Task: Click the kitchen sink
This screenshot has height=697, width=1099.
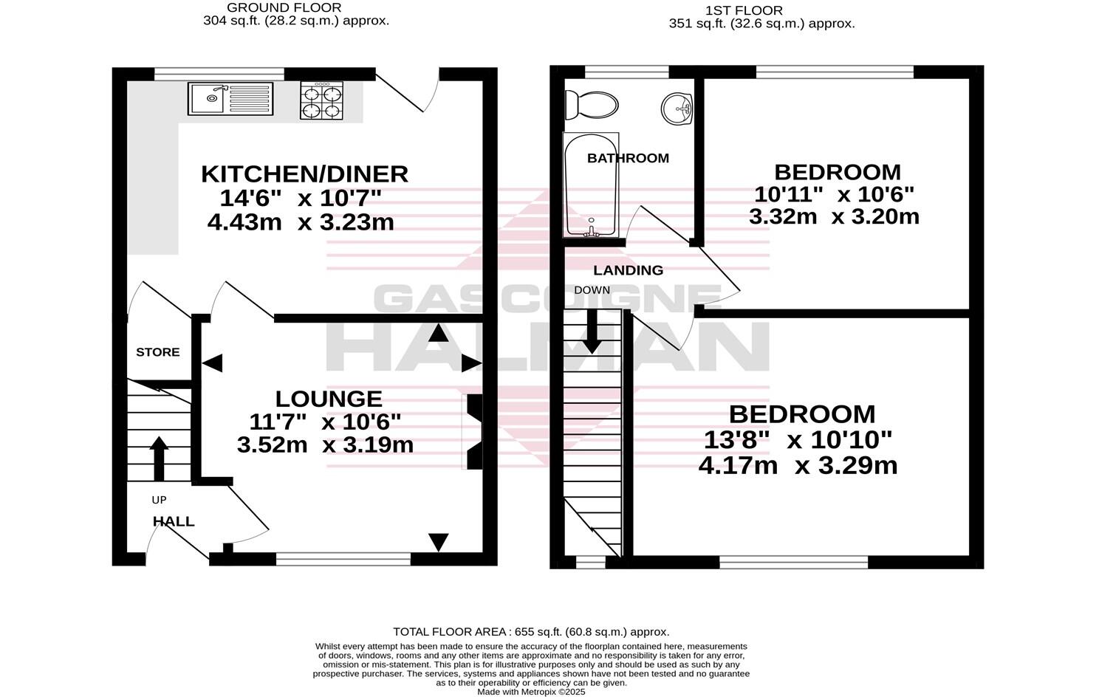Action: click(230, 99)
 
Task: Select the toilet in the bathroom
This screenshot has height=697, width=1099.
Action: click(590, 105)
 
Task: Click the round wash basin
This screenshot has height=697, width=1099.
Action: click(677, 109)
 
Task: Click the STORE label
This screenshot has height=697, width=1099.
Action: click(158, 352)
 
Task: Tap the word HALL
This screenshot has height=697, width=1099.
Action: click(174, 522)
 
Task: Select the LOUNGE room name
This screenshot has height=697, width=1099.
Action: click(329, 399)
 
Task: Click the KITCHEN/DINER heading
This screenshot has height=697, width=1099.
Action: click(304, 174)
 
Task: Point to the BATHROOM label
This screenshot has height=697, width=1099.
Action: click(628, 158)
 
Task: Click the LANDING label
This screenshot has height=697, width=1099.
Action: click(628, 270)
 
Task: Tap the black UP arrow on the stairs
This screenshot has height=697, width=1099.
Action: click(158, 458)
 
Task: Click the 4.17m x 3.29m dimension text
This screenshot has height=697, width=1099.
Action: click(798, 466)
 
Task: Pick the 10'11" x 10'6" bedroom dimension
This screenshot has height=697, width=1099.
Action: click(834, 194)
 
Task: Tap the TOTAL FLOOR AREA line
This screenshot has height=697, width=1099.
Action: click(531, 632)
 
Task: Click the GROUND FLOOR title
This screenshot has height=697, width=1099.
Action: click(284, 7)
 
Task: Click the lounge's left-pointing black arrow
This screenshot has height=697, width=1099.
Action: click(212, 363)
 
